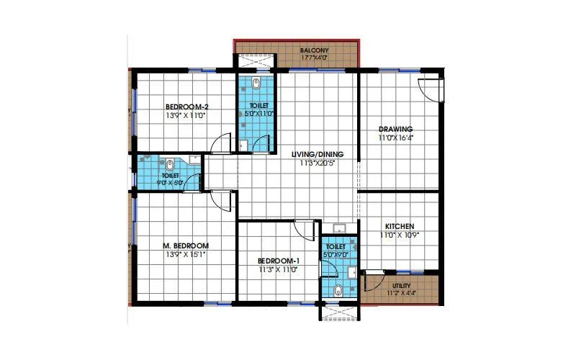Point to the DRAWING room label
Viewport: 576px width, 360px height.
point(396,129)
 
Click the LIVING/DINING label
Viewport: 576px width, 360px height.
point(318,154)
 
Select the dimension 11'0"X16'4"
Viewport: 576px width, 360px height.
point(397,138)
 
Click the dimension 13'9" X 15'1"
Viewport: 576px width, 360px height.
point(185,254)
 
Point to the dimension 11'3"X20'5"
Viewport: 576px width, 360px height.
point(318,163)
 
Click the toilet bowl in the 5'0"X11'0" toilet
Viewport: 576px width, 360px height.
point(257,86)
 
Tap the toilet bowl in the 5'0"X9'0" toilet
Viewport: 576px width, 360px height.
point(338,291)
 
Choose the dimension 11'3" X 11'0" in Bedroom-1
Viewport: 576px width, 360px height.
point(278,269)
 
